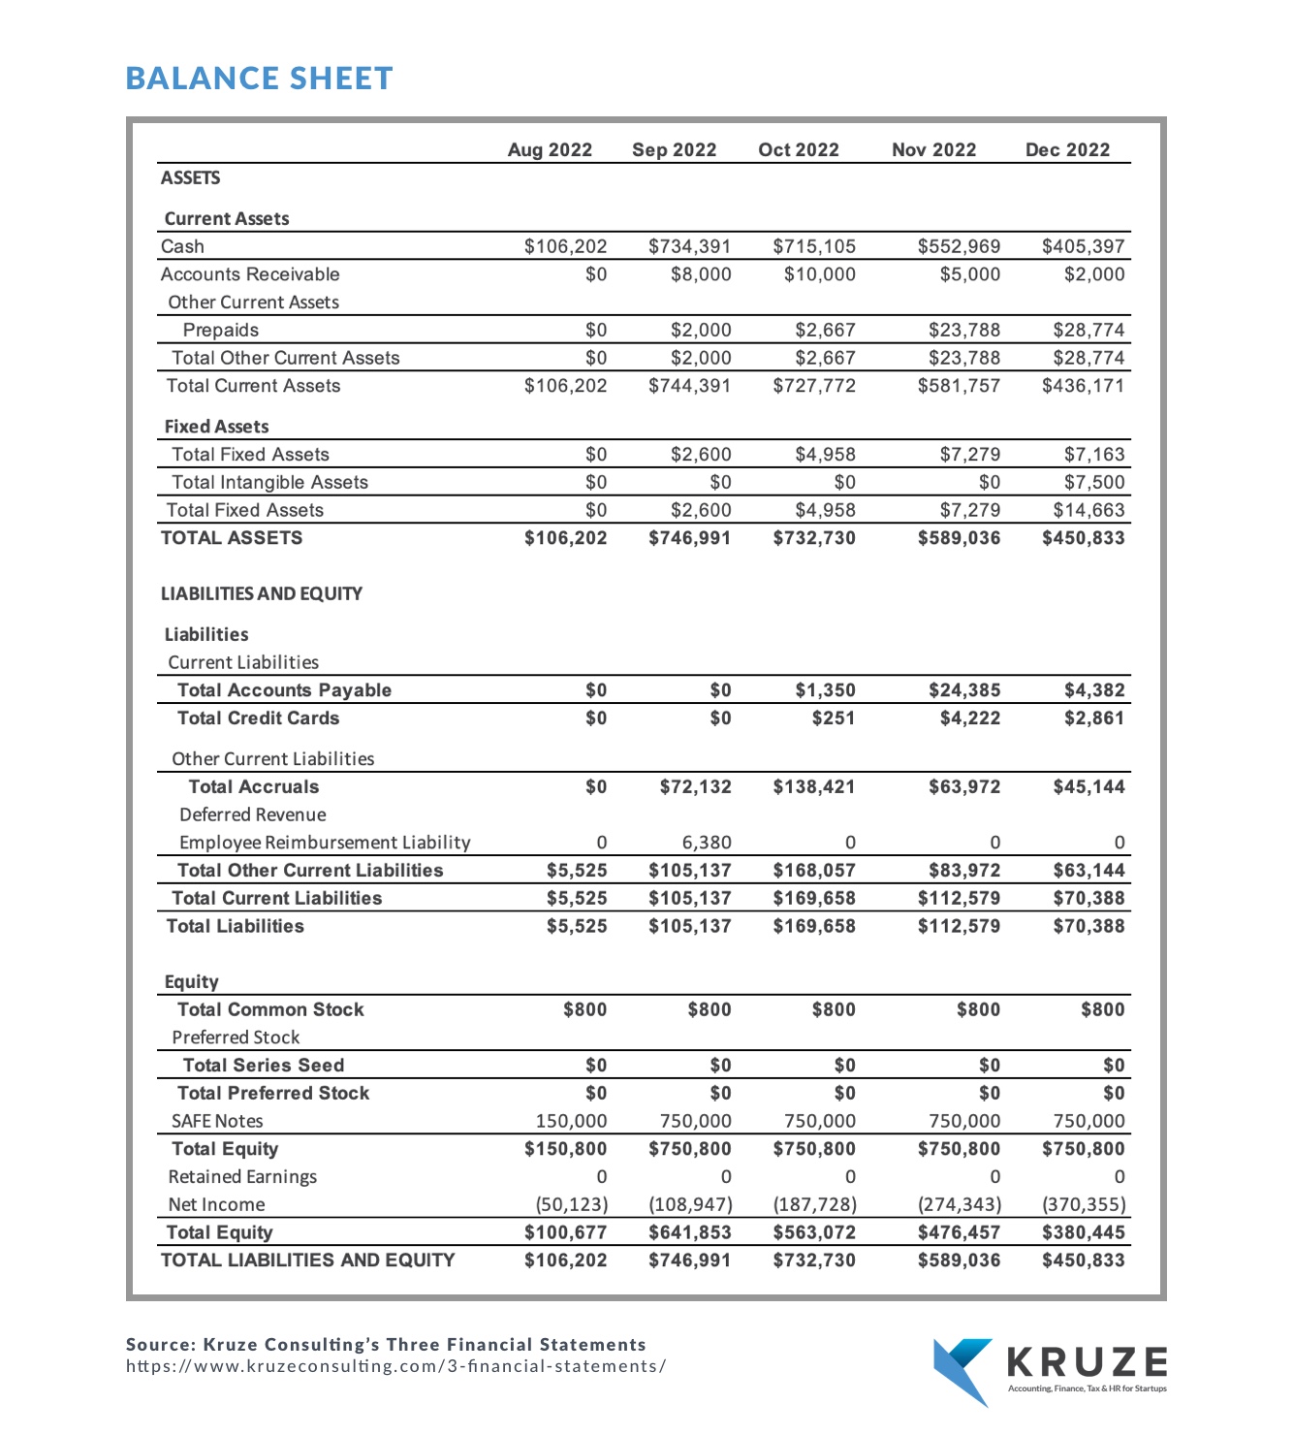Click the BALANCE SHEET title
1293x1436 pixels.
tap(259, 79)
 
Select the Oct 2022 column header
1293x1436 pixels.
tap(798, 150)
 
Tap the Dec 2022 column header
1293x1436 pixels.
tap(1067, 150)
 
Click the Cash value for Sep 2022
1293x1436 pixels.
tap(689, 247)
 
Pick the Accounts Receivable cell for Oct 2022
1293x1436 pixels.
tap(819, 274)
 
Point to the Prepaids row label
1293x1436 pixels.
tap(221, 331)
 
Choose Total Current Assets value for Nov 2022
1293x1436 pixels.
tap(959, 386)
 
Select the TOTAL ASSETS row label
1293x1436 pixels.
tap(232, 538)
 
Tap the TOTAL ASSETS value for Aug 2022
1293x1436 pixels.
tap(565, 538)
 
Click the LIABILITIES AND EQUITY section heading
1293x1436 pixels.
tap(262, 593)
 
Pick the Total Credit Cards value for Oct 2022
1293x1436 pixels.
tap(834, 718)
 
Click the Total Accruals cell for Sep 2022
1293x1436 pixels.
tap(695, 787)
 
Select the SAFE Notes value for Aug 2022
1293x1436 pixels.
tap(571, 1121)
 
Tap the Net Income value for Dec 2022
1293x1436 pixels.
tap(1083, 1205)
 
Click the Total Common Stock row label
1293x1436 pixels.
tap(270, 1009)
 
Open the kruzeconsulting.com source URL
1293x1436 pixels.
tap(395, 1366)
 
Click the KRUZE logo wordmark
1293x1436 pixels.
tap(1087, 1362)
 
